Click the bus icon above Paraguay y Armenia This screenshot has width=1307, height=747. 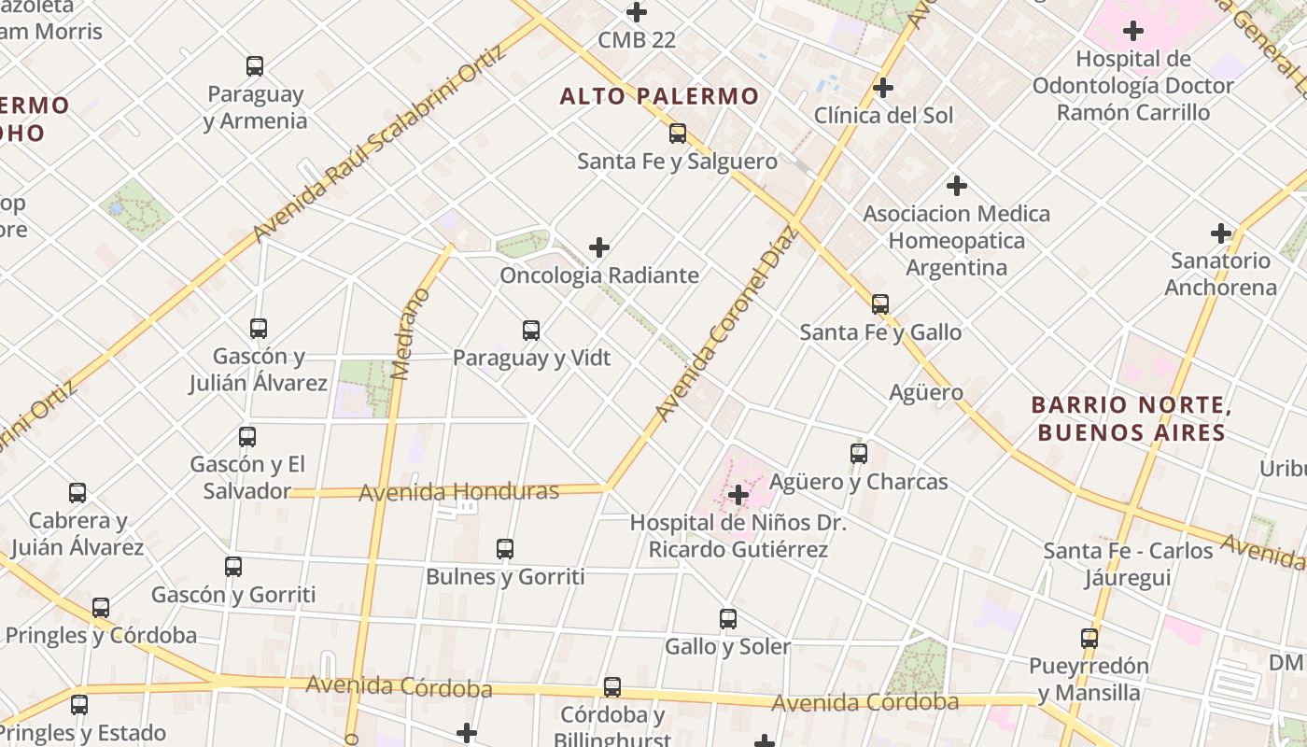[255, 66]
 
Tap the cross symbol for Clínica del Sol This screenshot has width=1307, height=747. [883, 89]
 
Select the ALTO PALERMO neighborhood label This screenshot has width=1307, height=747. [659, 96]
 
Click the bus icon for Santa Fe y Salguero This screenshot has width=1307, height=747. [678, 134]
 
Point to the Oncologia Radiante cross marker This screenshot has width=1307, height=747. [599, 247]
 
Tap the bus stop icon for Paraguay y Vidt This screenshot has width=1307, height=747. [531, 331]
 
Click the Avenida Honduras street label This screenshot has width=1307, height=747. [458, 491]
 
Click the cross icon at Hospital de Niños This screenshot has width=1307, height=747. [738, 494]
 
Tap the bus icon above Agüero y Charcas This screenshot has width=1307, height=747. [859, 454]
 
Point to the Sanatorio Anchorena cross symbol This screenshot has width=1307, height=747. [1220, 233]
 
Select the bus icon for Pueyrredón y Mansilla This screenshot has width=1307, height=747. [1089, 639]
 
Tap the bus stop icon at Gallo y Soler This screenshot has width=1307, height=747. [728, 619]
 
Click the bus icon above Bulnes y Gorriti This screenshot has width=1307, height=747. [505, 549]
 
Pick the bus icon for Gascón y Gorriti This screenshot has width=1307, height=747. [233, 567]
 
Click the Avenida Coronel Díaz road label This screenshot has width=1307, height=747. [724, 322]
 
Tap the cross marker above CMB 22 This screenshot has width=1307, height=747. [637, 13]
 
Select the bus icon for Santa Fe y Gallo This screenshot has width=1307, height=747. [880, 304]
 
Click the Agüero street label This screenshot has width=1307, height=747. [926, 392]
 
